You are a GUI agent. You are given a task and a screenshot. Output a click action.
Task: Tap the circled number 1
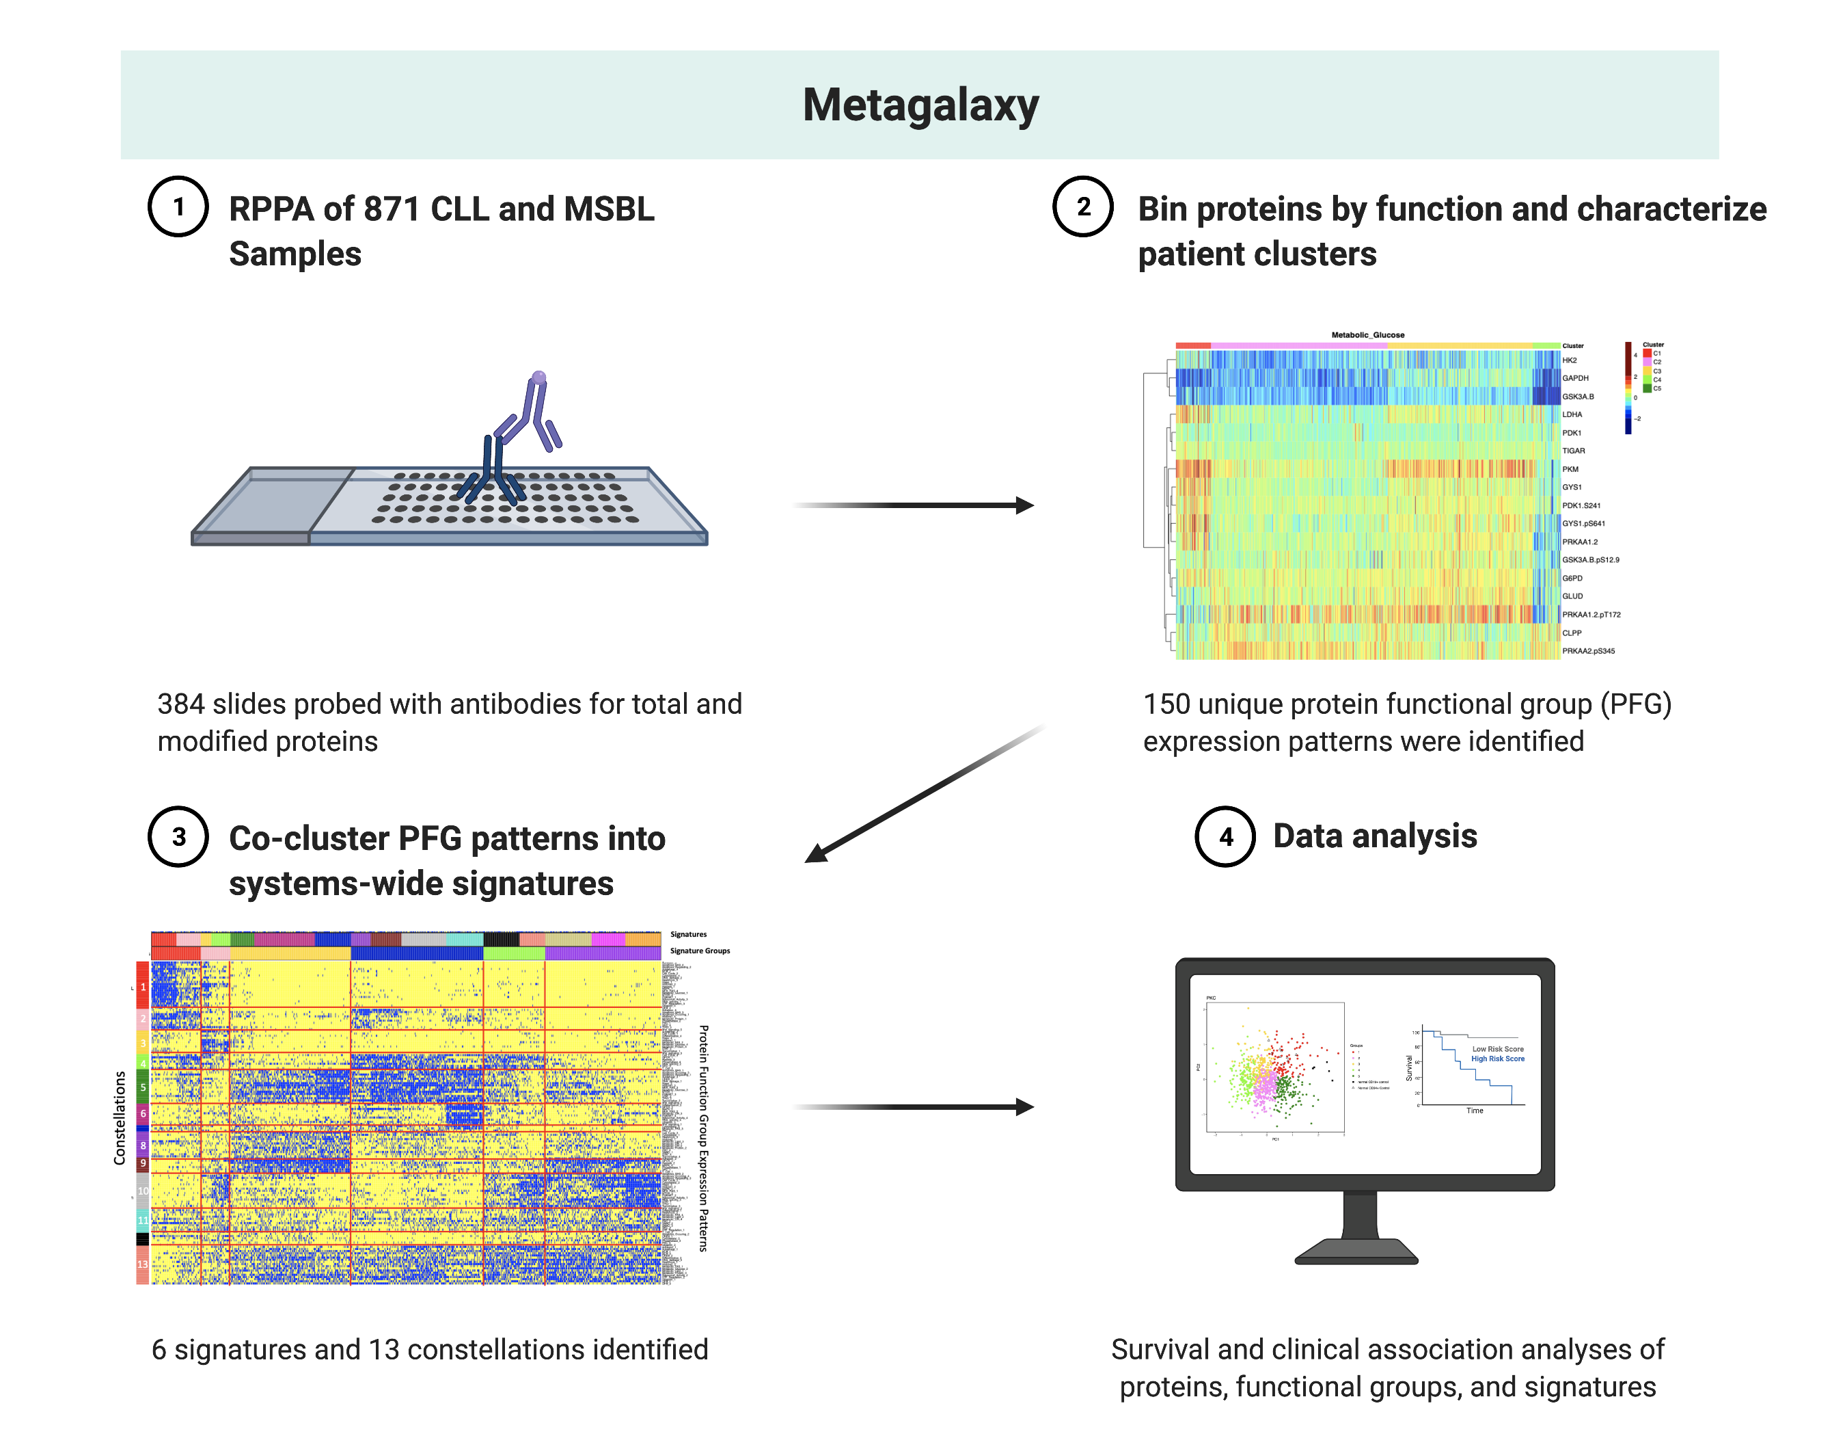click(x=178, y=207)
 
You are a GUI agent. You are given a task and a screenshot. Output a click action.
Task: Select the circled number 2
click(x=1083, y=207)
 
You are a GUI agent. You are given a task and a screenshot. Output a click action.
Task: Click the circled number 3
click(x=178, y=837)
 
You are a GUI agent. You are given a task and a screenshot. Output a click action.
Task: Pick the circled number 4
click(x=1225, y=837)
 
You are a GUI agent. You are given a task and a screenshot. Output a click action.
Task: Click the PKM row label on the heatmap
click(x=1570, y=469)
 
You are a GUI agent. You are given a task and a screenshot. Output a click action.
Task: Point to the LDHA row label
click(x=1571, y=414)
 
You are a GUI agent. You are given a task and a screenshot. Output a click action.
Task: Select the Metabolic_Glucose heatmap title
click(x=1368, y=334)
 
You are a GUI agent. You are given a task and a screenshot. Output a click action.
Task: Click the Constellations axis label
click(x=119, y=1117)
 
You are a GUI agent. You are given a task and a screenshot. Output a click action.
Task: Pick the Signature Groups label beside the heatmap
click(x=700, y=951)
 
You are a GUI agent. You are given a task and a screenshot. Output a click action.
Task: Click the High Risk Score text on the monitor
click(x=1497, y=1058)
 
